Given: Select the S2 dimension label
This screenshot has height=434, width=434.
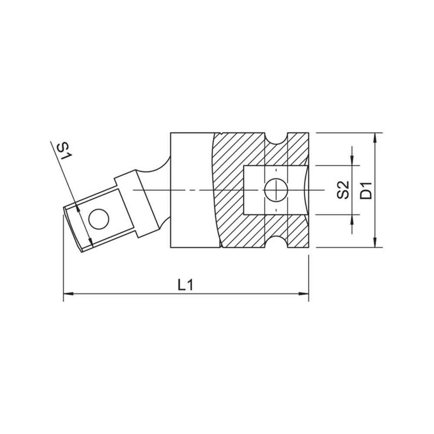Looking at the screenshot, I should pyautogui.click(x=343, y=190).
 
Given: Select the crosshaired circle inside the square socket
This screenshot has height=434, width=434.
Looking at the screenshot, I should pyautogui.click(x=275, y=190).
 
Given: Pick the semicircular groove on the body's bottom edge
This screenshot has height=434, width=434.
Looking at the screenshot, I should pyautogui.click(x=276, y=243).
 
